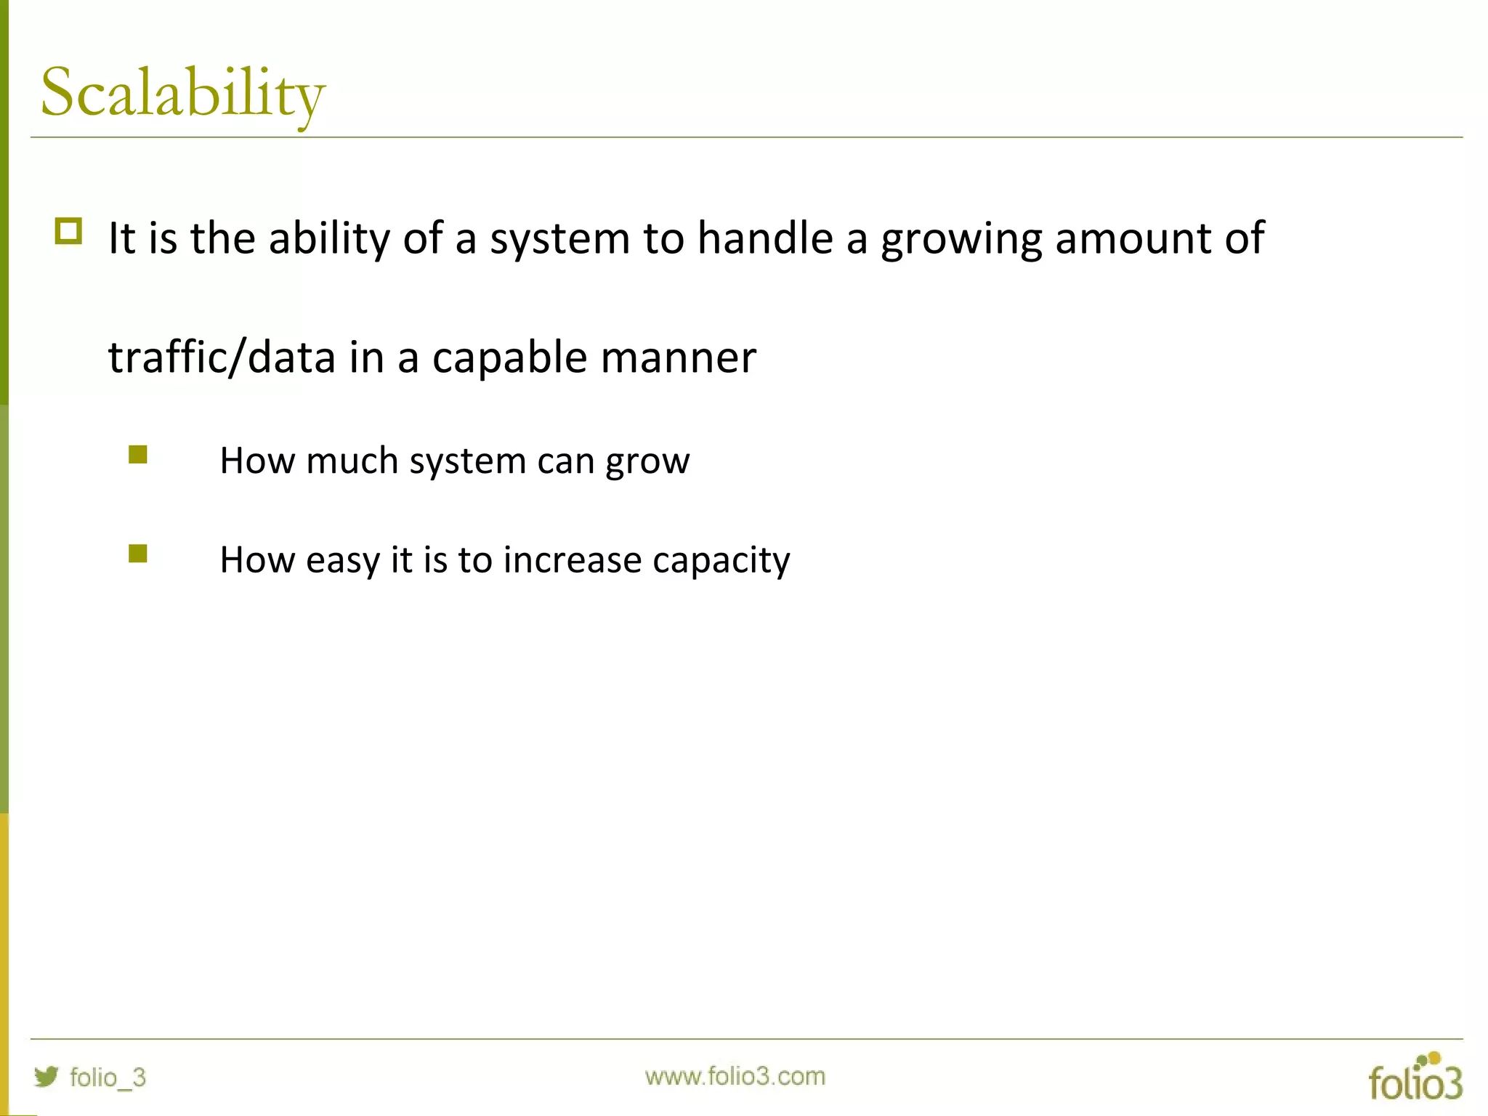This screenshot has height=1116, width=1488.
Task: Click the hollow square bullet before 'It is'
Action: coord(68,232)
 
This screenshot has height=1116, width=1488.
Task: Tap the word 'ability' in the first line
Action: coord(329,238)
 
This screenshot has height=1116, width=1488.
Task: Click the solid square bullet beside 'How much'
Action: coord(138,455)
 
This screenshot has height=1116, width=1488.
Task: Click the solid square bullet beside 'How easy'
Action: coord(138,554)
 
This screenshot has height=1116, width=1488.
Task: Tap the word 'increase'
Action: coord(573,560)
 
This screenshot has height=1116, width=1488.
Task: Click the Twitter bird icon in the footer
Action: coord(46,1076)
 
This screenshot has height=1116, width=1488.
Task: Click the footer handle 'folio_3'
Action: coord(108,1077)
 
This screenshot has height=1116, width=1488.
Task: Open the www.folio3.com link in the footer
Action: coord(735,1076)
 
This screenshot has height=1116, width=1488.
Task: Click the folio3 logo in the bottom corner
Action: coord(1415,1077)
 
